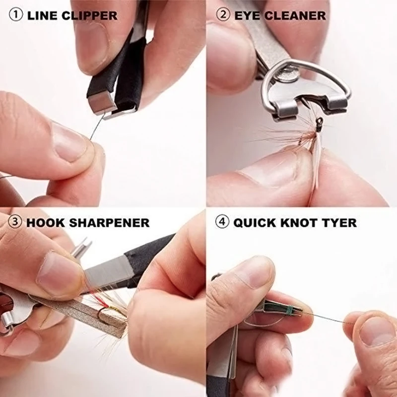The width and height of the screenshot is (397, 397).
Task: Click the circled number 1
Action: [16, 15]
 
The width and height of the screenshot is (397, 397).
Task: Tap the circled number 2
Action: [223, 15]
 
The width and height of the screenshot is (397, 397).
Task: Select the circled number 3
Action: [15, 222]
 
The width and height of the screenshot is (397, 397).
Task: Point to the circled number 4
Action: [222, 222]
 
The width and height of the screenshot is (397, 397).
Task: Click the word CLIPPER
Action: [89, 15]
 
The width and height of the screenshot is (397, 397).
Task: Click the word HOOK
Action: [46, 222]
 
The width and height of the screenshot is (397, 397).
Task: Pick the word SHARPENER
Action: [109, 222]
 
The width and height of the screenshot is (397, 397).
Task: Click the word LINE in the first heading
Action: [42, 15]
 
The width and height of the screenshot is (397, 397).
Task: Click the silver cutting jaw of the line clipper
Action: [101, 103]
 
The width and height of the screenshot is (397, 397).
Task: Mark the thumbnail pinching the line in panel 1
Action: [68, 142]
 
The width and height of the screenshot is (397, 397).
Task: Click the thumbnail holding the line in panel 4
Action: [374, 331]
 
